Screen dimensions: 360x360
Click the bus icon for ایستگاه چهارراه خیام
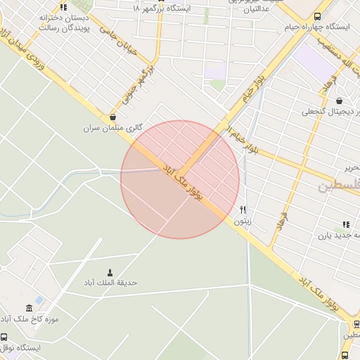coord(318,15)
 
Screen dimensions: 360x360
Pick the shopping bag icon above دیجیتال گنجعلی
coord(340,101)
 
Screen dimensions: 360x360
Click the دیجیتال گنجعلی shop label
coord(330,112)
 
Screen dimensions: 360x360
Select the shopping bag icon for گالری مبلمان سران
coord(113,117)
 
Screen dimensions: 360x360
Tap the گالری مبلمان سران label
coord(113,128)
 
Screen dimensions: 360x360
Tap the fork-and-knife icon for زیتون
coord(243,209)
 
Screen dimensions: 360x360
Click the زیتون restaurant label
coord(243,220)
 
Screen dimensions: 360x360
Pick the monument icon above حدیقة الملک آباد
coord(109,272)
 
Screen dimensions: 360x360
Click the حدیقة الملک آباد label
coord(109,283)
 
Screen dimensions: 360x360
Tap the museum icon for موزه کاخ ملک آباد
coord(29,308)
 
